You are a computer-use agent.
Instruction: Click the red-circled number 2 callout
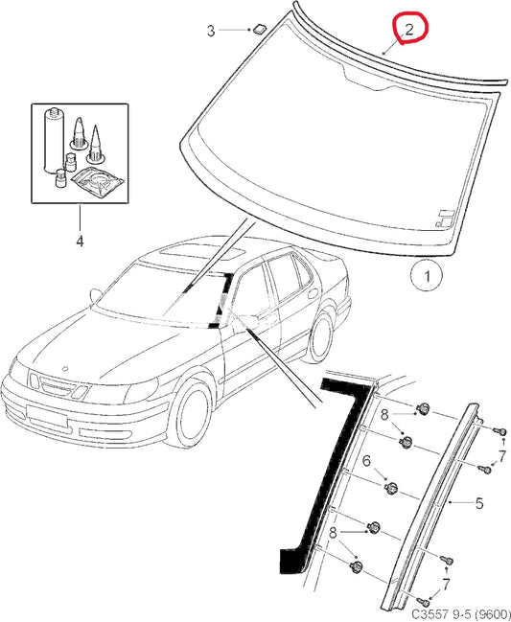point(408,30)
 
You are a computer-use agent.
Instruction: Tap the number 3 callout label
point(211,31)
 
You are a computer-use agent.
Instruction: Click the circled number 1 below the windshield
point(427,276)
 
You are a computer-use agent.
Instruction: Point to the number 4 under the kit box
point(80,241)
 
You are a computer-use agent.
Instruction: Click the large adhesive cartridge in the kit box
point(53,141)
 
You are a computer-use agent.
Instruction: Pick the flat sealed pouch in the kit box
point(97,182)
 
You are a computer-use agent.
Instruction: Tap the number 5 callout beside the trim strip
point(479,503)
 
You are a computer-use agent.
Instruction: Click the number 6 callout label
point(366,461)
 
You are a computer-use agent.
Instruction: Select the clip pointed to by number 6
point(391,487)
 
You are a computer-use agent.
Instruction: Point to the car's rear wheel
point(320,336)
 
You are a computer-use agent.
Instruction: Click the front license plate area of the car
point(46,416)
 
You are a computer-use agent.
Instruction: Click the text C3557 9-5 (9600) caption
point(460,614)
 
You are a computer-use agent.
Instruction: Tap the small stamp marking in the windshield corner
point(445,218)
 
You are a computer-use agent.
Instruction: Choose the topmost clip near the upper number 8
point(424,408)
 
